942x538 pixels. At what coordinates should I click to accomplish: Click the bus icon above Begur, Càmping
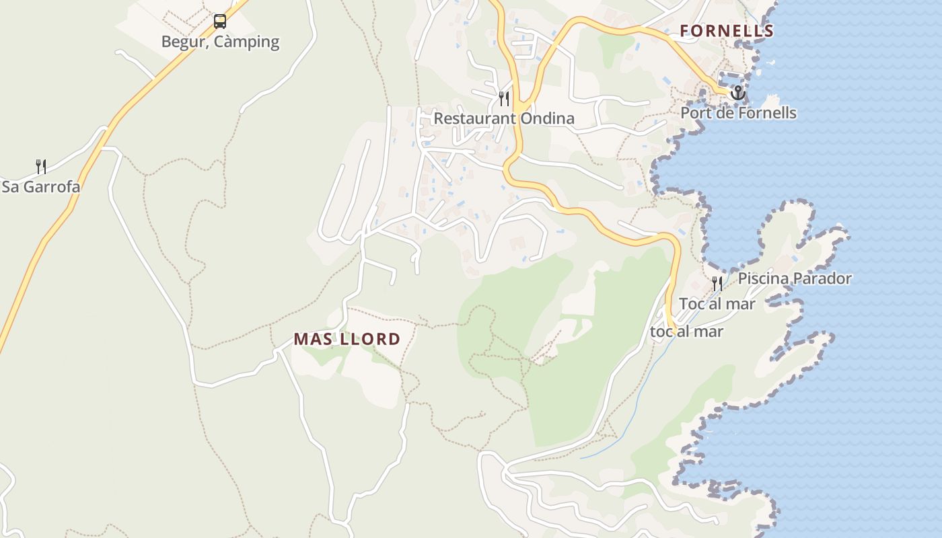220,22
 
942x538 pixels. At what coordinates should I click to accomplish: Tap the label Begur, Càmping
220,42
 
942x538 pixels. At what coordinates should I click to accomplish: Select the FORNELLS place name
727,31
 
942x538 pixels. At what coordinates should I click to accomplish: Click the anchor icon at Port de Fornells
738,92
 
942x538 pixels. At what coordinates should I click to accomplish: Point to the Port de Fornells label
738,113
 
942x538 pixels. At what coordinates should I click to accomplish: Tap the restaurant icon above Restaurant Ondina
504,99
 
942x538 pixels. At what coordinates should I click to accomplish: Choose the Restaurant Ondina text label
504,119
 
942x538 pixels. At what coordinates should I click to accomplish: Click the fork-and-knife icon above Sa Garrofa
41,166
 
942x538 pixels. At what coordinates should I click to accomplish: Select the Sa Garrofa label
41,187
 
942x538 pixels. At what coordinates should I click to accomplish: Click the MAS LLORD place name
347,340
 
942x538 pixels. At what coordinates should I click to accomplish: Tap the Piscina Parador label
795,278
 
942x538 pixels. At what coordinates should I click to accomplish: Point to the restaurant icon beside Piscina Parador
717,283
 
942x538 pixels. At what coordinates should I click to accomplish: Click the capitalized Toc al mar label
717,304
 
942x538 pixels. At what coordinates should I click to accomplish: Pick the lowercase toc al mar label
686,332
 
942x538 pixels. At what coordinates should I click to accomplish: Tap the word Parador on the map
822,278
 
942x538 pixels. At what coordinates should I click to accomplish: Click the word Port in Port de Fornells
695,113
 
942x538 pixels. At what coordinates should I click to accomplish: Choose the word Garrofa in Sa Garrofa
51,187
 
